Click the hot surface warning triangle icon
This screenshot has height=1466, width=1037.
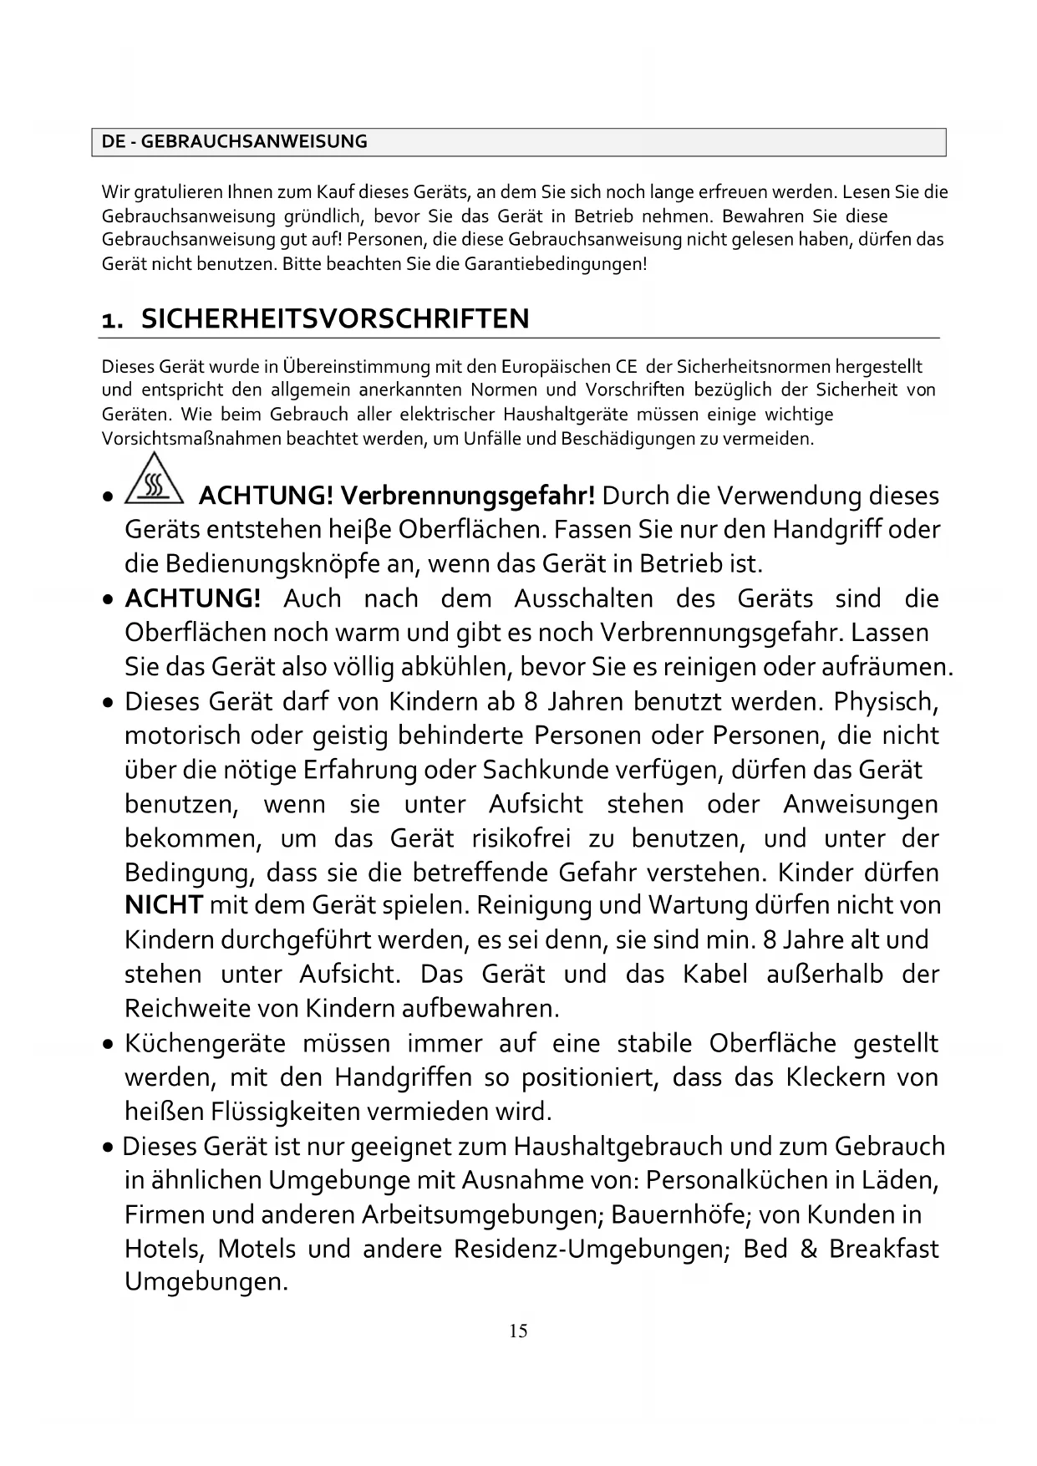154,481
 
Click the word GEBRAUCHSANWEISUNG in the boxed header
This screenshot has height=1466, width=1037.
254,142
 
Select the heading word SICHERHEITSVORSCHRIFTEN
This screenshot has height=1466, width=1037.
335,319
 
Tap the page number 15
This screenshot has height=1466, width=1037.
518,1331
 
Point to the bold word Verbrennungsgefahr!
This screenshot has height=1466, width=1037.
468,496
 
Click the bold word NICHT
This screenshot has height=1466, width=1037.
164,905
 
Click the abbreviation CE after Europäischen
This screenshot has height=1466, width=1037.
627,367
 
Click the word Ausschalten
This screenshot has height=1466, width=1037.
583,598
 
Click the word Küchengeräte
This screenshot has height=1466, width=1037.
206,1044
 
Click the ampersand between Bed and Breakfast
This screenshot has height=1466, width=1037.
808,1249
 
